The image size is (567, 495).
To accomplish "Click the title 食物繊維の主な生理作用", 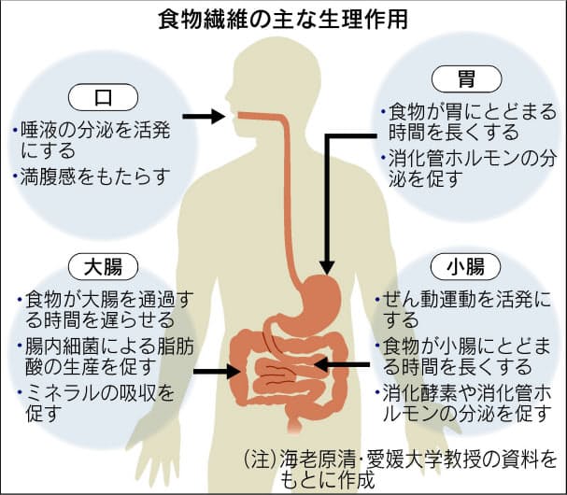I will coord(282,18).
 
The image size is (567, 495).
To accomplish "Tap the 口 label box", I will coord(102,95).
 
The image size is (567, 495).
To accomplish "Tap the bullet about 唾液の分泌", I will coord(93,138).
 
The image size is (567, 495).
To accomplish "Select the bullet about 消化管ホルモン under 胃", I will coord(466,168).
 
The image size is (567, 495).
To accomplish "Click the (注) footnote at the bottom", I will coord(398,470).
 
